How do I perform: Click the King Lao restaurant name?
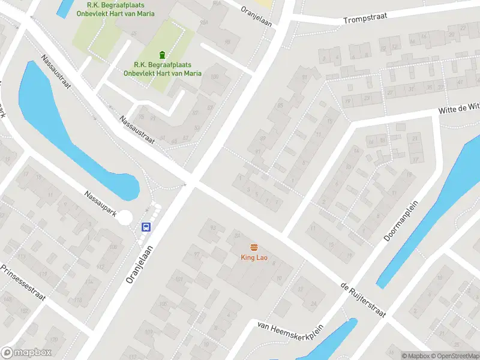click(254, 258)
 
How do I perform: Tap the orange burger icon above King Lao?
click(254, 248)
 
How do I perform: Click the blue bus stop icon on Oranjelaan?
click(146, 227)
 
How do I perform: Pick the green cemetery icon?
click(161, 56)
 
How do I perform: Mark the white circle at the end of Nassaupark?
click(125, 217)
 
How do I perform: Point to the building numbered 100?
click(214, 76)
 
